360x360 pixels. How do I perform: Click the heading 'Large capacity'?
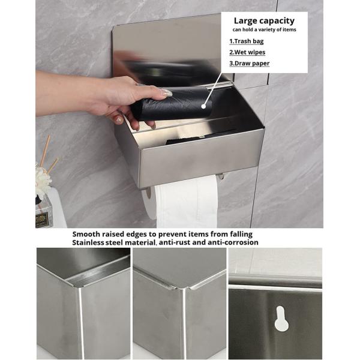click(x=264, y=20)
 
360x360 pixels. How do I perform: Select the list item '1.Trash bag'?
click(x=247, y=41)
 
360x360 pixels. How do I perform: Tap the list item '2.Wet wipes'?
click(x=248, y=52)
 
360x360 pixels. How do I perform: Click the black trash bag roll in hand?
click(x=171, y=107)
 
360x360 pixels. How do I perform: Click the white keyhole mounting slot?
click(x=281, y=319)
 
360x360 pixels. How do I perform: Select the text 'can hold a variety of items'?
click(x=264, y=29)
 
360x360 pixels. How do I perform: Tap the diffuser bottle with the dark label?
click(x=43, y=213)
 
